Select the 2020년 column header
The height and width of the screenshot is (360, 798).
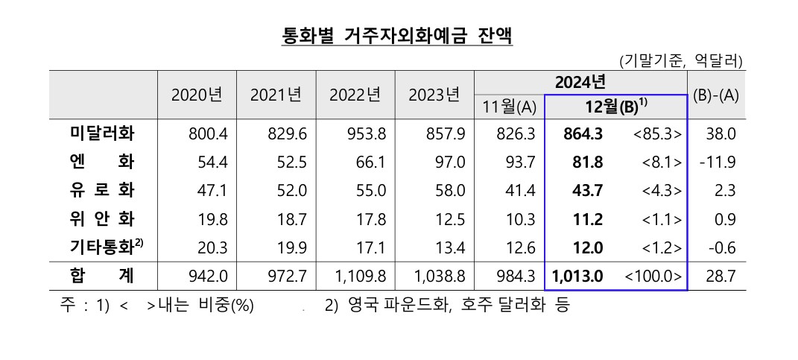[197, 95]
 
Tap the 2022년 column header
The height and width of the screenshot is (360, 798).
[355, 95]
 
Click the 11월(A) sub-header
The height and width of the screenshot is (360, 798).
[509, 107]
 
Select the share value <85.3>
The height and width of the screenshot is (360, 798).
[655, 134]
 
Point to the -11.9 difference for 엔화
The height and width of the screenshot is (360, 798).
[718, 162]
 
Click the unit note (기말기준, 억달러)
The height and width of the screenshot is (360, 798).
[680, 60]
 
